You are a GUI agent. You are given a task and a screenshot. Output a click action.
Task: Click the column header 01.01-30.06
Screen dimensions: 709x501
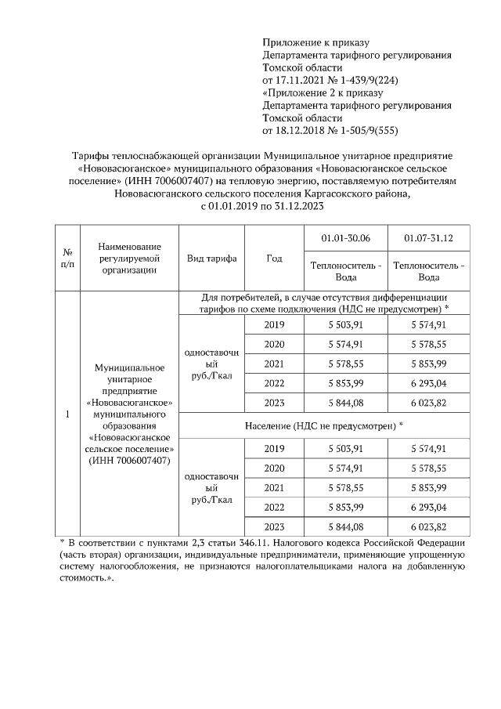pyautogui.click(x=345, y=237)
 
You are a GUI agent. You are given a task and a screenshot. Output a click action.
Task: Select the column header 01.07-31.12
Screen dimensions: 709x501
pyautogui.click(x=428, y=237)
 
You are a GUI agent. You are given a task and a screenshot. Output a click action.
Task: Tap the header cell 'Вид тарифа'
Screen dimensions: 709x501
pyautogui.click(x=211, y=259)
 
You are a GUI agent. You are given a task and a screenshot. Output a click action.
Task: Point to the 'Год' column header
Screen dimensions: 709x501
pyautogui.click(x=274, y=259)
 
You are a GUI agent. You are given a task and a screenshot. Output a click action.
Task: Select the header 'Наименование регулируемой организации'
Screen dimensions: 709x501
pyautogui.click(x=128, y=259)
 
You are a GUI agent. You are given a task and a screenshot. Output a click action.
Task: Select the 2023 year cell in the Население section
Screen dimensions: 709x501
pyautogui.click(x=274, y=526)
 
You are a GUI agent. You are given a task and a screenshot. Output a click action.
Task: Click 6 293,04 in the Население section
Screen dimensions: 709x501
pyautogui.click(x=428, y=507)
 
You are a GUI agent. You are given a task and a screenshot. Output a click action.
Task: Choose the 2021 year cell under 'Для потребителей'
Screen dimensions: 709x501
pyautogui.click(x=274, y=364)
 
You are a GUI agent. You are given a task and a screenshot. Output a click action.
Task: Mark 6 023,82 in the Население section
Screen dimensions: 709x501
pyautogui.click(x=428, y=526)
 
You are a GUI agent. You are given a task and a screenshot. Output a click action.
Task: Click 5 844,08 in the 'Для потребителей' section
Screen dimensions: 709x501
pyautogui.click(x=345, y=403)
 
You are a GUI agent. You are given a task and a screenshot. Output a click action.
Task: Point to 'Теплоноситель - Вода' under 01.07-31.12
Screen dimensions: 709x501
pyautogui.click(x=428, y=271)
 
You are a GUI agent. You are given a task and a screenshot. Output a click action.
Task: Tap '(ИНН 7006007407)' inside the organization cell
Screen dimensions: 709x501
pyautogui.click(x=128, y=461)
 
